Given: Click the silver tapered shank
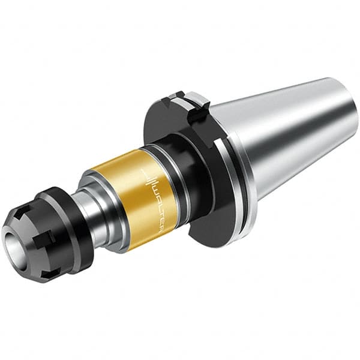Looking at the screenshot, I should (x=282, y=138).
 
